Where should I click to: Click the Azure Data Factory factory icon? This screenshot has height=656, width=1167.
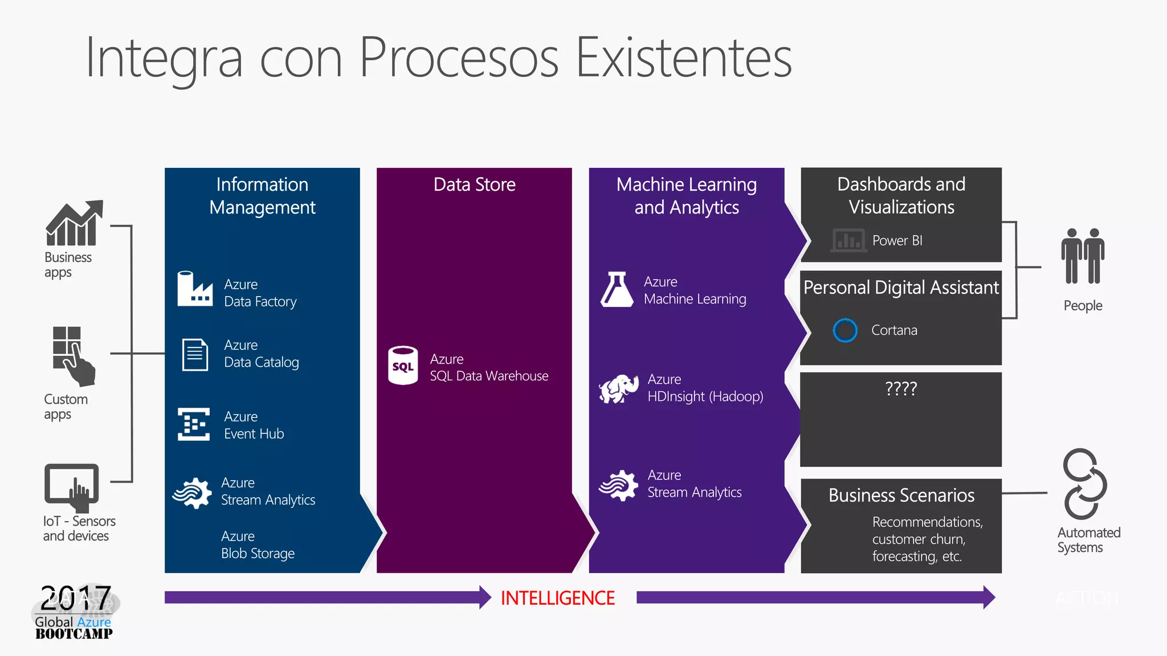click(194, 289)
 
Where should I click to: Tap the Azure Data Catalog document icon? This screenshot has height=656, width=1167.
click(195, 354)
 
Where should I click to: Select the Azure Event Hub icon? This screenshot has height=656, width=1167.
click(194, 424)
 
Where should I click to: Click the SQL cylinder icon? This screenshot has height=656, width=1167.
click(403, 366)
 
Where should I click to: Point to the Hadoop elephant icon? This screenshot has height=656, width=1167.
click(618, 388)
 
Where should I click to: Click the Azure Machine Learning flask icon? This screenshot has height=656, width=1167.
click(617, 290)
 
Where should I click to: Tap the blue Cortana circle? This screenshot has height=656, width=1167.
click(844, 330)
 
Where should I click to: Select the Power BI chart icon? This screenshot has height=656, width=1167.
click(848, 240)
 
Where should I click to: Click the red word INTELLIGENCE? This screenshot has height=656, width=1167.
click(557, 598)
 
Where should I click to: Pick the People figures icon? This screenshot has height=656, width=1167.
click(1083, 256)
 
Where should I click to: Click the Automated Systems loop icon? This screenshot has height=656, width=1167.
click(1084, 484)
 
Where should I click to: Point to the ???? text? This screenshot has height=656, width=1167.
click(901, 388)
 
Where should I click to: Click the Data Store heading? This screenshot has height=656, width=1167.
click(474, 184)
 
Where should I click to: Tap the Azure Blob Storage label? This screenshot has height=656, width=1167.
click(258, 545)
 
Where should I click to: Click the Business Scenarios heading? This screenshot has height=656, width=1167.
click(901, 495)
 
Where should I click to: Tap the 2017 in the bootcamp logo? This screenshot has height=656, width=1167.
click(75, 598)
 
